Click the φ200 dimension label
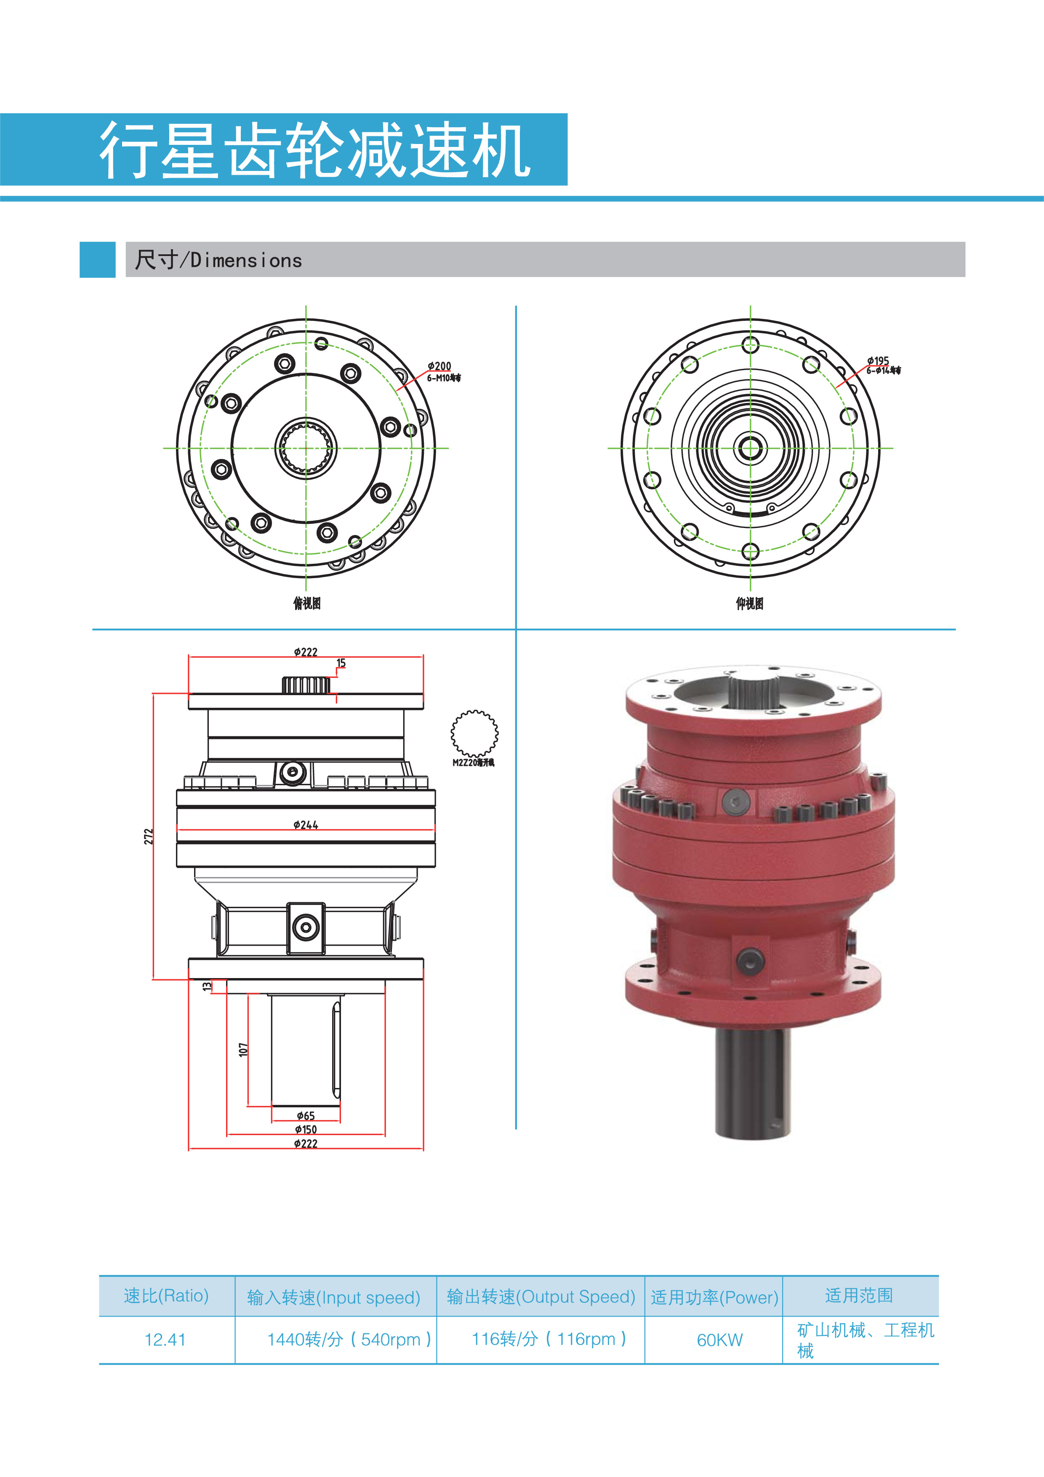[439, 366]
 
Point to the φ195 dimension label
[877, 361]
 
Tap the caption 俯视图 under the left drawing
[307, 603]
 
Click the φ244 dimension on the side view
[306, 825]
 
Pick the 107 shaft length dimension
[243, 1049]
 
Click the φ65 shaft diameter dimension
[306, 1115]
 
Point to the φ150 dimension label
[306, 1129]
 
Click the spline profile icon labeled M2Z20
[474, 733]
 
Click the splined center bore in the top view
[306, 448]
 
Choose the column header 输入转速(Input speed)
[333, 1297]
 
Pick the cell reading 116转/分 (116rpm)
[549, 1339]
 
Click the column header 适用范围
[859, 1295]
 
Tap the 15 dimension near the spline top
[341, 663]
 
